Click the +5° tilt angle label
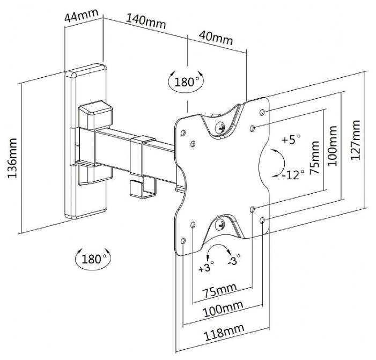[x=292, y=140]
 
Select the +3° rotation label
[x=205, y=267]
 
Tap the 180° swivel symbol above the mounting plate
[x=186, y=82]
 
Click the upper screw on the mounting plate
[x=219, y=128]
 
